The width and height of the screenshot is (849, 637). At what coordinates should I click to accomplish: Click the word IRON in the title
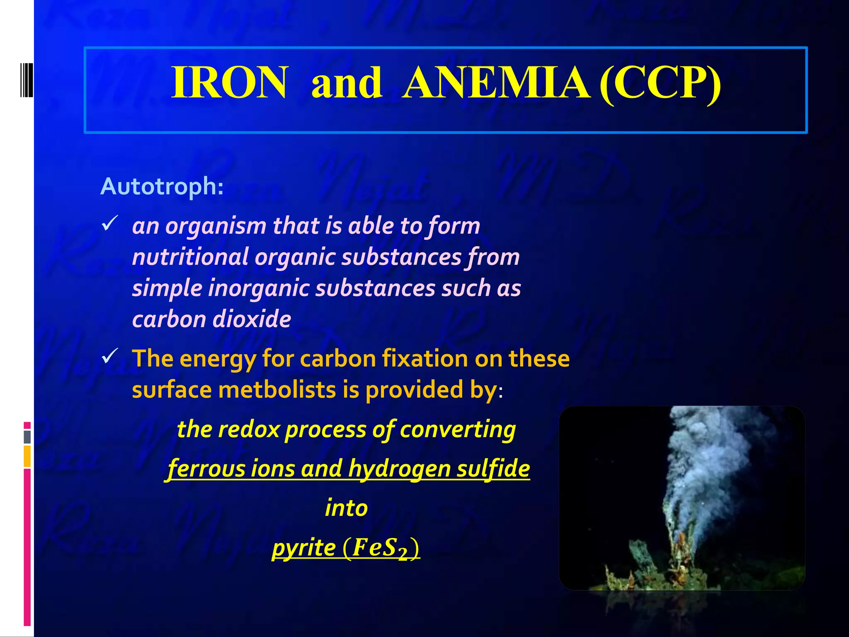(x=229, y=83)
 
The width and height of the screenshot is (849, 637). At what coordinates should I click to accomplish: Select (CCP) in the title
(x=660, y=83)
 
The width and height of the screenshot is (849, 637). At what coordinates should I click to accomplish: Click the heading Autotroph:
(x=162, y=186)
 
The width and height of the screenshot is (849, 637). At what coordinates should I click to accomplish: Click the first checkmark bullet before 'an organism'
(x=110, y=224)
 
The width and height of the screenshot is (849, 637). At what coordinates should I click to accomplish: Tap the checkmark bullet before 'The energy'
(x=110, y=356)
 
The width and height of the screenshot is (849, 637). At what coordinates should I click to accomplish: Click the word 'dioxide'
(x=251, y=319)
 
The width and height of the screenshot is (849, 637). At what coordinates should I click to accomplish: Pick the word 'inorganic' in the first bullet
(x=259, y=288)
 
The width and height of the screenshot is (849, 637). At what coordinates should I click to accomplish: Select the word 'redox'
(x=249, y=429)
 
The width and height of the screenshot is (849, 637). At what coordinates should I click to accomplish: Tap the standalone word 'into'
(x=346, y=508)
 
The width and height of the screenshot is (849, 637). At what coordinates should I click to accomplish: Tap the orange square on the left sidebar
(x=27, y=456)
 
